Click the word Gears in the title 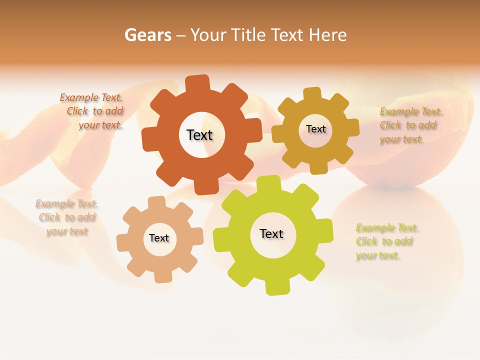tap(147, 35)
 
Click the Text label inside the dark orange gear tap(199, 135)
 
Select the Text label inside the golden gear tap(315, 129)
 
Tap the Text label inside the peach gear tap(159, 238)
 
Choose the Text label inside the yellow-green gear tap(271, 233)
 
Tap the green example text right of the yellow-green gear tap(385, 241)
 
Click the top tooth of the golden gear tap(312, 94)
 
